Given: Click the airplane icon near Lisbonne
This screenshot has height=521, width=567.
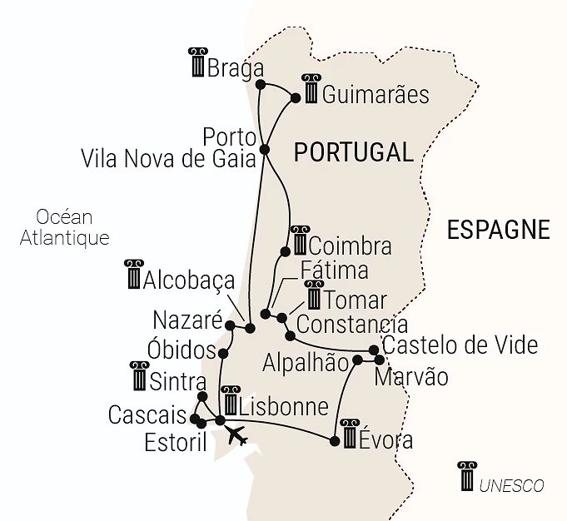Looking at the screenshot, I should (x=237, y=435).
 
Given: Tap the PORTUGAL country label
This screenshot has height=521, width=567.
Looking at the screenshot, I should (x=353, y=152).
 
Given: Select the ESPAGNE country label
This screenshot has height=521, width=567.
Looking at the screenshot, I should (x=498, y=230).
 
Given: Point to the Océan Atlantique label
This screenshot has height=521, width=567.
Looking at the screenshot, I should (x=65, y=227).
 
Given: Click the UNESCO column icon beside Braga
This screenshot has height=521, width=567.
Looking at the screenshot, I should (x=197, y=63).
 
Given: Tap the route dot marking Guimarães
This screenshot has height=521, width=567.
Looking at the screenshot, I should (x=296, y=98).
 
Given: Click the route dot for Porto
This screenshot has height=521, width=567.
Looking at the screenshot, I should (x=265, y=150).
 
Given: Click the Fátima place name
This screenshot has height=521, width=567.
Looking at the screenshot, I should (x=333, y=271).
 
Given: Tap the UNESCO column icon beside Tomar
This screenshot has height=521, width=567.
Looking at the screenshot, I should (x=314, y=295).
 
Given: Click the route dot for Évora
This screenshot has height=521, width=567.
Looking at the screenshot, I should (x=335, y=441).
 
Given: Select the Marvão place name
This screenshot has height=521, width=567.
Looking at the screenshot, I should (x=410, y=377).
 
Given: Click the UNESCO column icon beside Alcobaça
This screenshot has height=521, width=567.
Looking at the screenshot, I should (x=133, y=275).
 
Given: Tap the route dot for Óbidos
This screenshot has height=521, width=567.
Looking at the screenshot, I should (x=222, y=354).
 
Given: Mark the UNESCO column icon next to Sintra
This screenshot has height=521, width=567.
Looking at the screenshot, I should (x=139, y=376).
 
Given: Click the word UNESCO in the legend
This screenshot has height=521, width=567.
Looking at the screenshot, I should (x=511, y=485).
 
